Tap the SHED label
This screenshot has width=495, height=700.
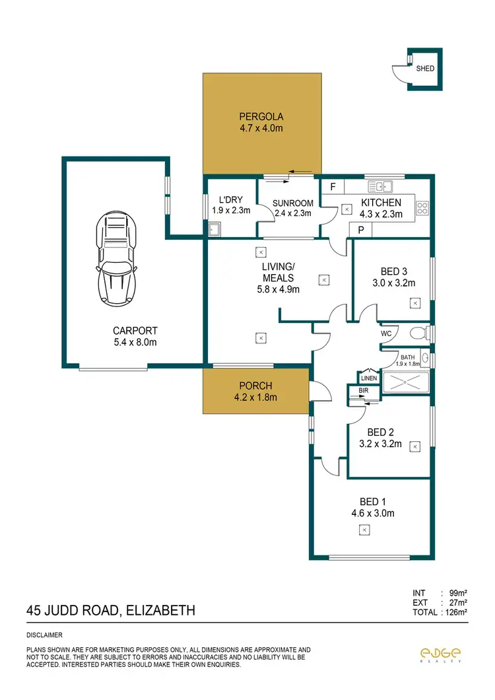[x=425, y=68]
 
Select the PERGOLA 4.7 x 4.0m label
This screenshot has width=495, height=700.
[x=261, y=123]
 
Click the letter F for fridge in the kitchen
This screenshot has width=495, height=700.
[x=333, y=187]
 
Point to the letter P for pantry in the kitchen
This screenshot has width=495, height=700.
[x=361, y=230]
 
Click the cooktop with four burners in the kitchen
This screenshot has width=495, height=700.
[x=422, y=209]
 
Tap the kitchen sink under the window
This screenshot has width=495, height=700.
[x=381, y=186]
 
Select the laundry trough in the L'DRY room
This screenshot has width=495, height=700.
[x=214, y=230]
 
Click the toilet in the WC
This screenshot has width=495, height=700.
[x=416, y=332]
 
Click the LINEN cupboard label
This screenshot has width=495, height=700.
[x=368, y=378]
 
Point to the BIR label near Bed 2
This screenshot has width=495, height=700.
[x=364, y=391]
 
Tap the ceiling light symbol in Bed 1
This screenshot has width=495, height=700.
[x=364, y=529]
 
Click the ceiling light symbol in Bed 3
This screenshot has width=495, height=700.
[x=414, y=302]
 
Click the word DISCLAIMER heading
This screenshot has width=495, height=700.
[x=44, y=635]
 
